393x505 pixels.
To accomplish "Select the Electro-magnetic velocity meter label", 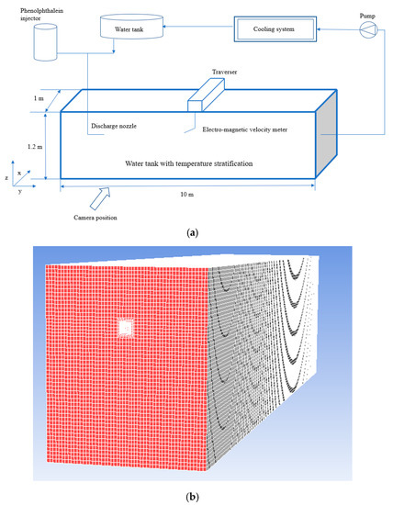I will tap(246, 129).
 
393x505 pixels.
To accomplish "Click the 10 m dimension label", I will tap(187, 195).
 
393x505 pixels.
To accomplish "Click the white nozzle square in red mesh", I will tap(127, 328).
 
